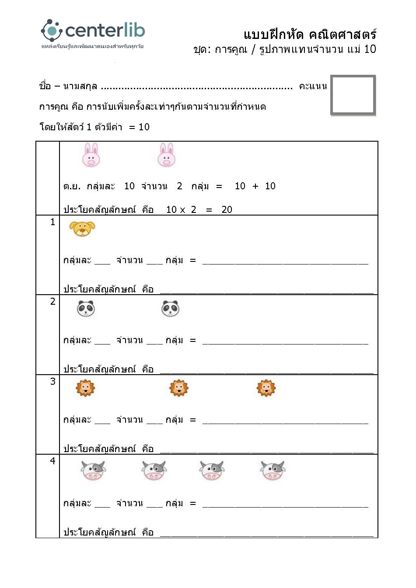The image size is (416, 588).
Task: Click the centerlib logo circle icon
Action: (52, 31)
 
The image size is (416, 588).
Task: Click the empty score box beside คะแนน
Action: (353, 95)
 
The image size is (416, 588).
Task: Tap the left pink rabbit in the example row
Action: (91, 155)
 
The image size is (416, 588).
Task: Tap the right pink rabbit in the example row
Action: (166, 155)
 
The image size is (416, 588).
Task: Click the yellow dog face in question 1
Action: (82, 228)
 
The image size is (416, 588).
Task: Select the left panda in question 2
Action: (86, 309)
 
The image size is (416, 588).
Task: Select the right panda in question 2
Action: (170, 309)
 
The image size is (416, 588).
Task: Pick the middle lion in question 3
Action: (178, 388)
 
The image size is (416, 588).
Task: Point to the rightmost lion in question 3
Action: (266, 388)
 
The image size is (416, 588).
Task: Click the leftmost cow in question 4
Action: (93, 471)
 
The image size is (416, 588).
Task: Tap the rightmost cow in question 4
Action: (273, 471)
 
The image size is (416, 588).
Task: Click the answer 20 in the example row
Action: (227, 210)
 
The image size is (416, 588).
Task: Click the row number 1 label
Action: (52, 222)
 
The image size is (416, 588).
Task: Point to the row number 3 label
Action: (52, 382)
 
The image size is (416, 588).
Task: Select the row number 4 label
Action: (52, 461)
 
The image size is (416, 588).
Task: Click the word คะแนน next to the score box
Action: (313, 86)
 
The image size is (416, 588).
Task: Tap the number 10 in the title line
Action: (370, 49)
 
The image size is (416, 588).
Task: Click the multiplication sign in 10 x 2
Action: (182, 210)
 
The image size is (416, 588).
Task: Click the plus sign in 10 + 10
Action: (255, 186)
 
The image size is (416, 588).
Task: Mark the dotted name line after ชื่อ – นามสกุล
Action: (197, 88)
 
